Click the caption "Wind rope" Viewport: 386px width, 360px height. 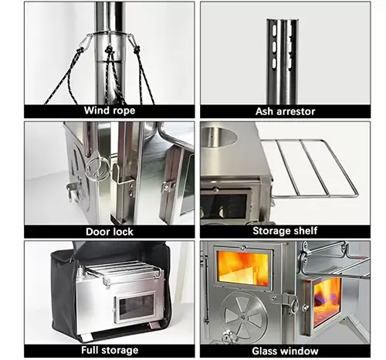coord(110,110)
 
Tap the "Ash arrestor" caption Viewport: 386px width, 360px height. coord(285,111)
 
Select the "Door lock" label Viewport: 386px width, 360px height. coord(110,232)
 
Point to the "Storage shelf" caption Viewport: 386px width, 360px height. coord(285,231)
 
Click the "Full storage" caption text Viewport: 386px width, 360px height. coord(110,350)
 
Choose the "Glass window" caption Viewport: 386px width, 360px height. coord(285,351)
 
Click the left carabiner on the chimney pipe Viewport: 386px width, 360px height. coord(86,42)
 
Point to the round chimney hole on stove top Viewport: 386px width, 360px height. coord(218,137)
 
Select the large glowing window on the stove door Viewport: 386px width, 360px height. coord(243,268)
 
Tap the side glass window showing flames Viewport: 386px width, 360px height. coord(327,301)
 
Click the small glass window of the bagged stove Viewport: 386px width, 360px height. coord(136,307)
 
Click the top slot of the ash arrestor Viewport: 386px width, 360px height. coord(274,30)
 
